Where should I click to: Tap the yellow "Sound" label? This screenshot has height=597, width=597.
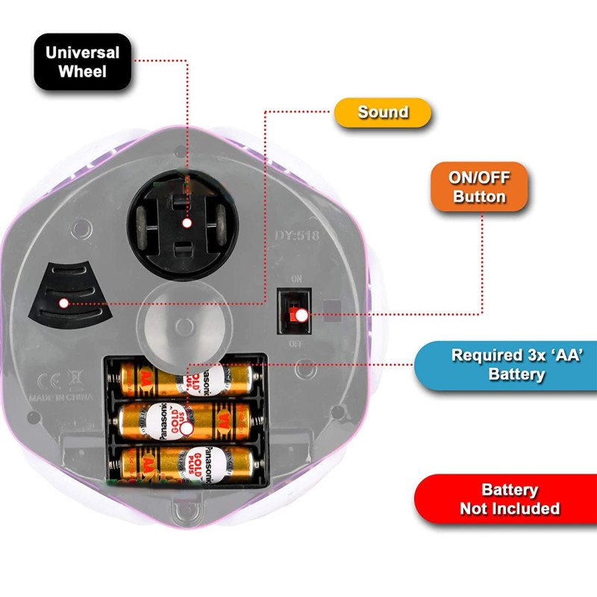(x=383, y=113)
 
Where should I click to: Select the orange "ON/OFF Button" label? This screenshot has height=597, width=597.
(x=479, y=187)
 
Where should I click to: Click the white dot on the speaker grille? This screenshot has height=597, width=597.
(x=64, y=303)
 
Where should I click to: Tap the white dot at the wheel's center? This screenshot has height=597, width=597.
(x=187, y=222)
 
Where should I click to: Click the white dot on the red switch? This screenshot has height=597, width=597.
(x=301, y=316)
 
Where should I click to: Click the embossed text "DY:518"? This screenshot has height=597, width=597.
(x=298, y=235)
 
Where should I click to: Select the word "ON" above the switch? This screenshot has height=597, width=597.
(x=296, y=279)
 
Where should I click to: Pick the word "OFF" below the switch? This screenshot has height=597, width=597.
(x=296, y=344)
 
